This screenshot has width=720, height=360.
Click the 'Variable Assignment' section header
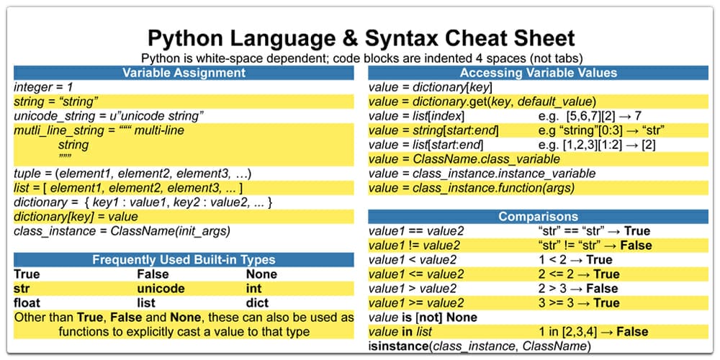(184, 73)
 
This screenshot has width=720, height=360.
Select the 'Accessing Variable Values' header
(538, 73)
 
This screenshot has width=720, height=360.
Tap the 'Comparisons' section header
(538, 217)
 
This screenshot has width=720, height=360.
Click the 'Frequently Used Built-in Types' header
(184, 260)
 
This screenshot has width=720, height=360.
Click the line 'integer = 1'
(44, 87)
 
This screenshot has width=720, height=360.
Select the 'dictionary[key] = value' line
(76, 217)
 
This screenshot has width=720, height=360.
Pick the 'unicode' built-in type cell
(161, 289)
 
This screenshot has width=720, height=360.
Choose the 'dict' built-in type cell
(258, 303)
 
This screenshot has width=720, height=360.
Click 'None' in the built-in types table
(261, 274)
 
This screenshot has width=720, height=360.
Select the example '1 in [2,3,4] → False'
(593, 332)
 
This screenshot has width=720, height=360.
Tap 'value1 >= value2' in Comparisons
(416, 303)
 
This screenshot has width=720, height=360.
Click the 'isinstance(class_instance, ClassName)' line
(480, 346)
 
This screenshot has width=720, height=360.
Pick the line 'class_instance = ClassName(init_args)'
(122, 231)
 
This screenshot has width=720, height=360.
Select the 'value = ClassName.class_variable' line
(464, 159)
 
